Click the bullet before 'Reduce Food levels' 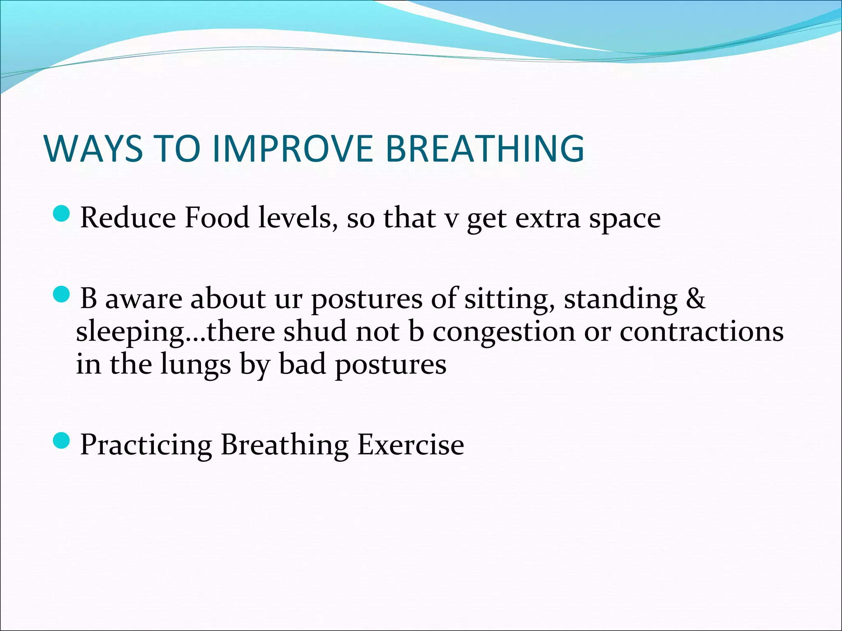point(62,214)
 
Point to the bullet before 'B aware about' point(62,295)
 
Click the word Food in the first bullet point(217,217)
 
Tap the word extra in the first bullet point(548,218)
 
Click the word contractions point(701,331)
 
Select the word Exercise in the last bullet point(411,444)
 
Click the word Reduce point(127,217)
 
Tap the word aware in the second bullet point(143,298)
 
